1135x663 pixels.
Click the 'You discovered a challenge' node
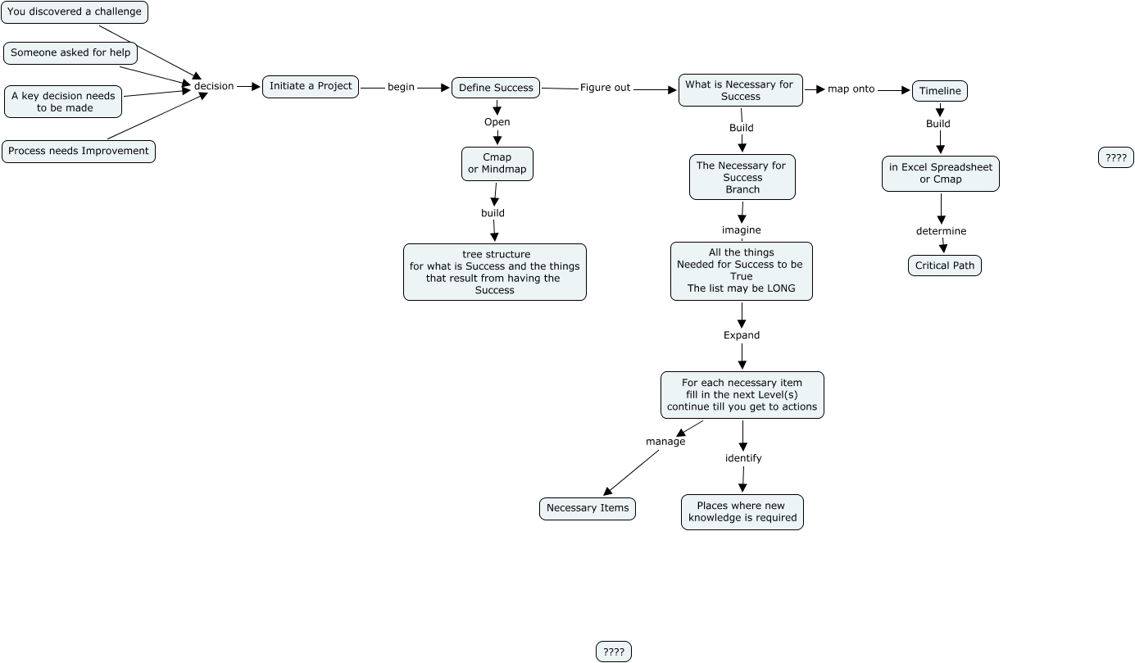[75, 12]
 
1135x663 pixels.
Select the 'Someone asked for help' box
[70, 53]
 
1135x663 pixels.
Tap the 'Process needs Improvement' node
[79, 152]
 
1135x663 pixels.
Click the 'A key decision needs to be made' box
[64, 102]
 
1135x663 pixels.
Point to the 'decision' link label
[214, 86]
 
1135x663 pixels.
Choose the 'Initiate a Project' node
[311, 86]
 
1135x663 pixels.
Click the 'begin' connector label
[401, 88]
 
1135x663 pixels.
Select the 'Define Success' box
[496, 88]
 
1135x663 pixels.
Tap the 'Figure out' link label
[605, 88]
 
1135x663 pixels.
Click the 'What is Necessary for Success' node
[740, 90]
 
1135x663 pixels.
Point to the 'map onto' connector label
[851, 89]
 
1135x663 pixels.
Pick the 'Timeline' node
[940, 91]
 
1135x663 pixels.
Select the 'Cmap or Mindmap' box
[497, 164]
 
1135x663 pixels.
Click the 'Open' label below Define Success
[497, 122]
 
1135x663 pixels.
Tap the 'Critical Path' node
[945, 266]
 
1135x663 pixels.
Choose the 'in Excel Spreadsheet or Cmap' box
[941, 174]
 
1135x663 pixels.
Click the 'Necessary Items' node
[588, 508]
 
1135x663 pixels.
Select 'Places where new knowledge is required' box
[742, 512]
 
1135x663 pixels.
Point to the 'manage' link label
[665, 442]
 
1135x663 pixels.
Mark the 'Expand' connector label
[742, 335]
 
